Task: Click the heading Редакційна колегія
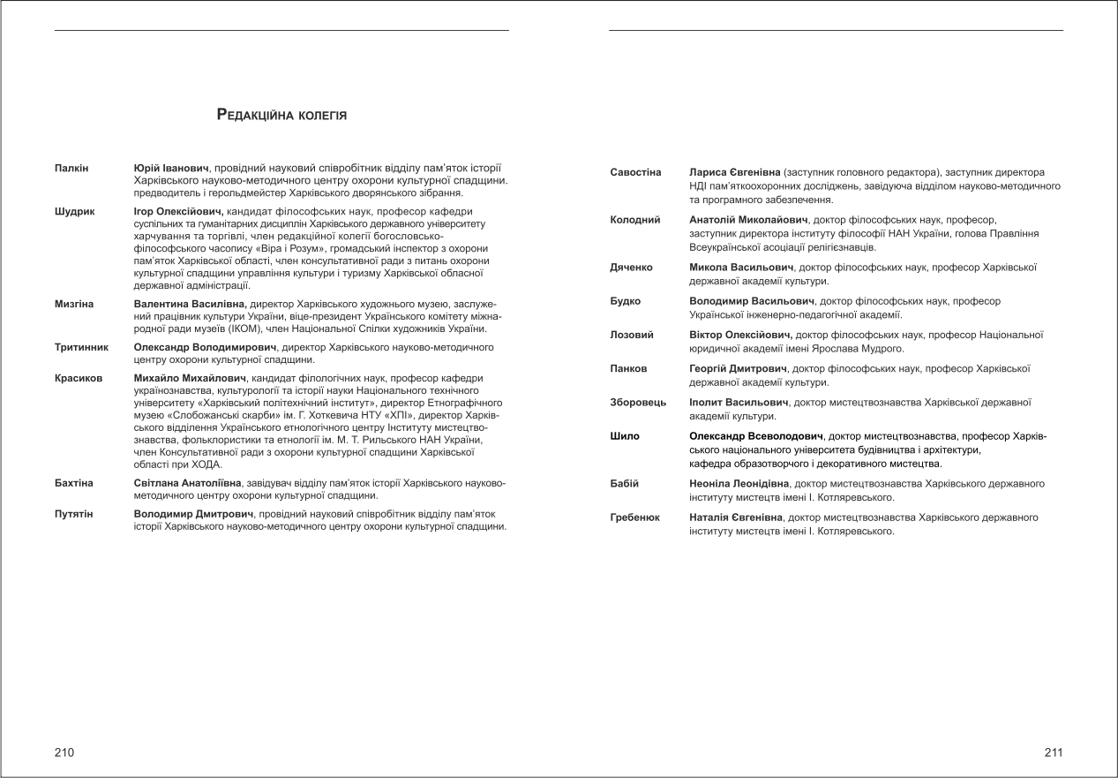point(281,115)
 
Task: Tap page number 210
point(64,752)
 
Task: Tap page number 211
point(1053,752)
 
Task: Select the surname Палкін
point(71,168)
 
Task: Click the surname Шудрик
point(75,212)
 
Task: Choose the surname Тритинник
point(82,347)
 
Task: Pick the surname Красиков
point(79,378)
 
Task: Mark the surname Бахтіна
point(74,483)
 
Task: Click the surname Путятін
point(74,513)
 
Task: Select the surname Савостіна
point(635,172)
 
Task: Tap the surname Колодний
point(635,220)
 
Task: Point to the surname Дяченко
point(631,267)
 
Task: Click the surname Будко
point(626,301)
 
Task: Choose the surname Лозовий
point(632,335)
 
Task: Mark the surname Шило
point(625,436)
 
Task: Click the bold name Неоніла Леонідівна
point(739,484)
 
